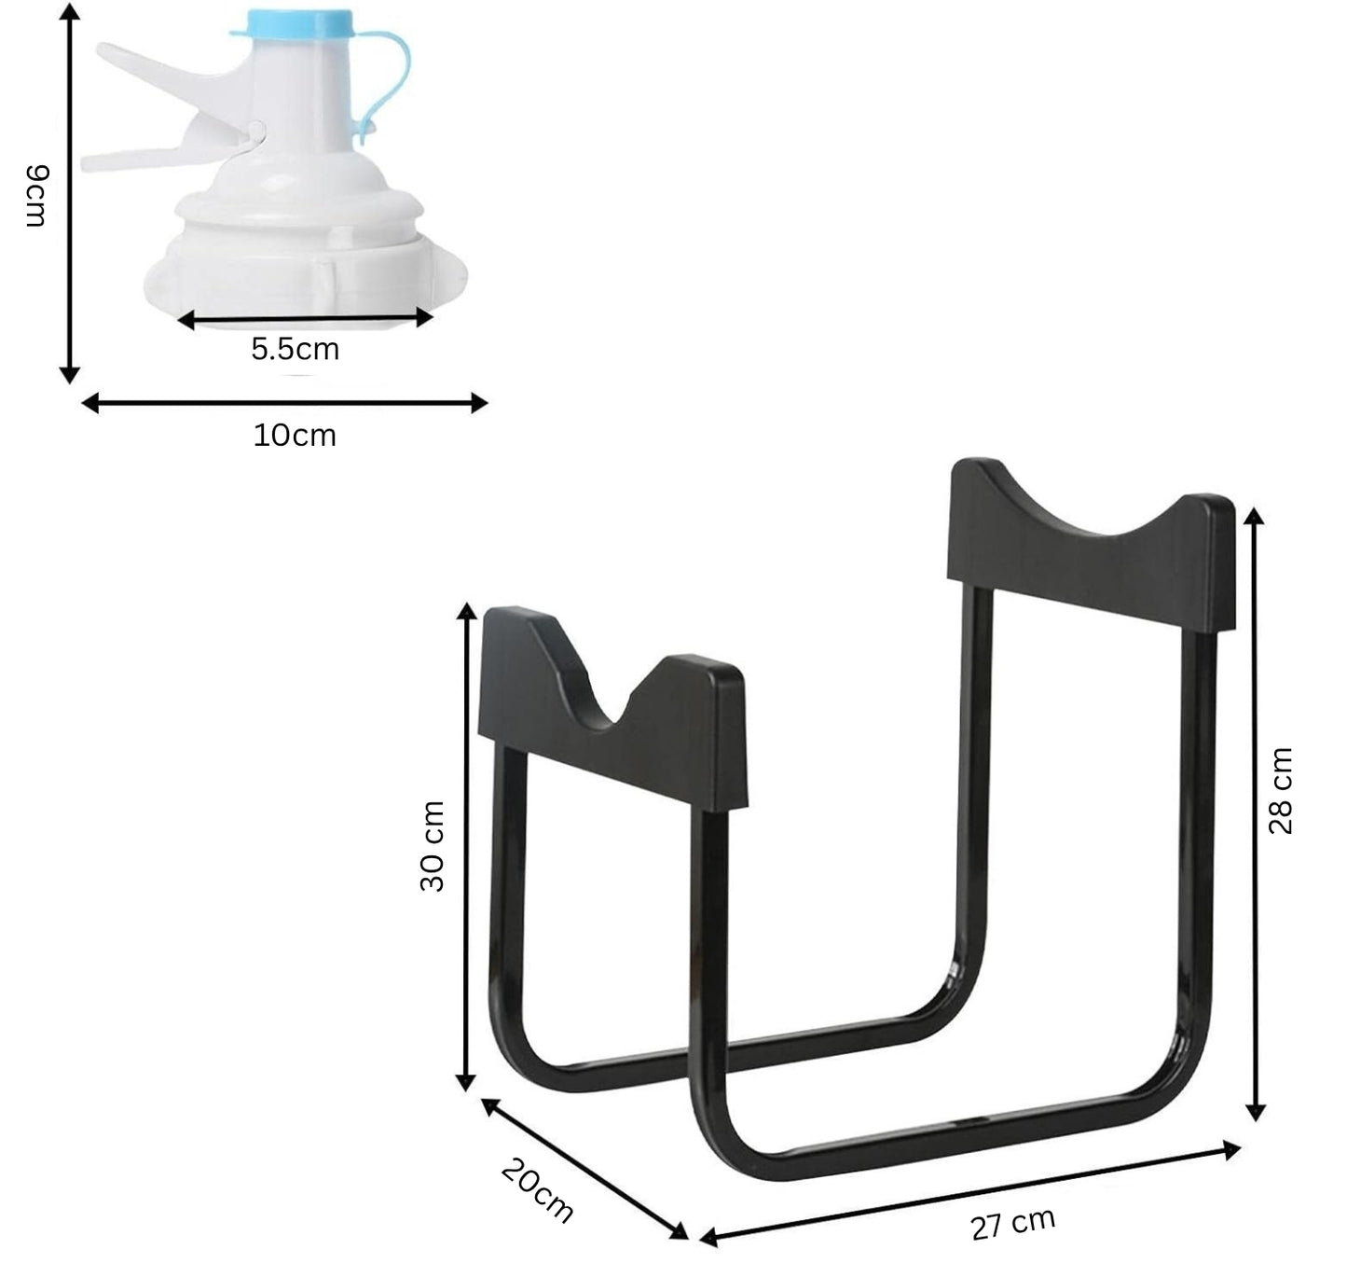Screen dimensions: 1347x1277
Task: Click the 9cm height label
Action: click(36, 195)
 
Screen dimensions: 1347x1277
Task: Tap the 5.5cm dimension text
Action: click(296, 349)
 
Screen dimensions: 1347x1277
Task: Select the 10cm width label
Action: click(295, 436)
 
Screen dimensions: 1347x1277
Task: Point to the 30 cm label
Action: click(433, 846)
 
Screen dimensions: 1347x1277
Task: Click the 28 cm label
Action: click(1280, 791)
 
